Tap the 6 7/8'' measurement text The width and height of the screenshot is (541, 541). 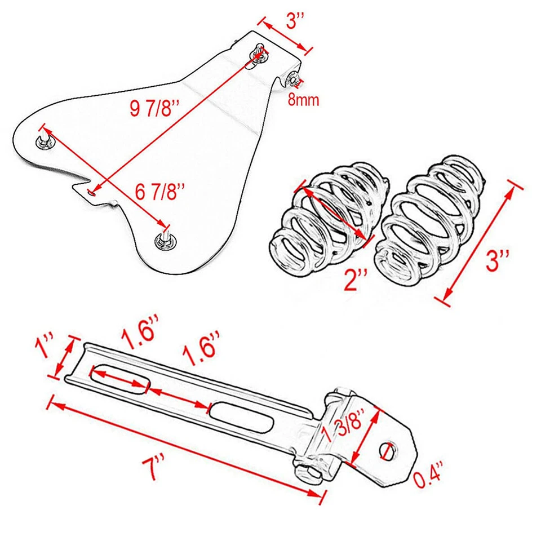[x=161, y=192]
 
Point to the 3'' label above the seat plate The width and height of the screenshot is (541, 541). [x=295, y=21]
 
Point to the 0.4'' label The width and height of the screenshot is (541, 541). [x=428, y=481]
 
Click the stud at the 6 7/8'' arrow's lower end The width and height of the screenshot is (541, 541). [x=165, y=239]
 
